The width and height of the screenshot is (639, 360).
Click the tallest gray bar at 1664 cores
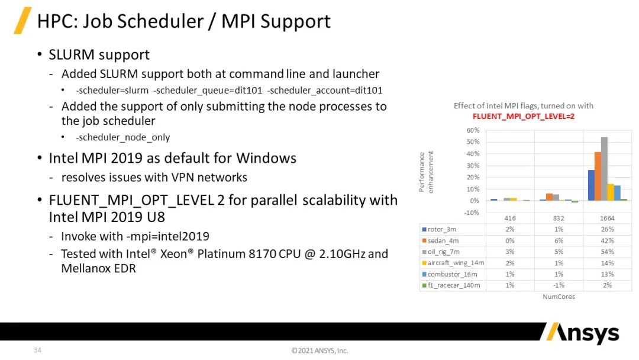pyautogui.click(x=604, y=169)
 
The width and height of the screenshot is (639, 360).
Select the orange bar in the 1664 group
pyautogui.click(x=598, y=176)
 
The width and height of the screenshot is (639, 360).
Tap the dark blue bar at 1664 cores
pyautogui.click(x=591, y=185)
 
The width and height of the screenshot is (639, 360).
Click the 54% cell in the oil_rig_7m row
pyautogui.click(x=607, y=252)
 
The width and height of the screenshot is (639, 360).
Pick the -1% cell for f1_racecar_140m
pyautogui.click(x=559, y=285)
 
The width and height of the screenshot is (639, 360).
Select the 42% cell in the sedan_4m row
pyautogui.click(x=607, y=241)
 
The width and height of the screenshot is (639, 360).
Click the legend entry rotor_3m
pyautogui.click(x=439, y=230)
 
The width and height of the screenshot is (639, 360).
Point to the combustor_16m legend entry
pyautogui.click(x=450, y=274)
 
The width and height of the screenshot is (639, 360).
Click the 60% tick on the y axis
pyautogui.click(x=473, y=130)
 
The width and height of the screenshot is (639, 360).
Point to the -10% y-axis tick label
pyautogui.click(x=472, y=213)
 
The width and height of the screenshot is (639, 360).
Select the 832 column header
pyautogui.click(x=559, y=218)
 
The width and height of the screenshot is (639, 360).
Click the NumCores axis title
pyautogui.click(x=559, y=297)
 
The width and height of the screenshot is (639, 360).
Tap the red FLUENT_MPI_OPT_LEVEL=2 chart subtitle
pyautogui.click(x=524, y=117)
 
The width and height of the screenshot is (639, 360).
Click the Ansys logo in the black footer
pyautogui.click(x=583, y=333)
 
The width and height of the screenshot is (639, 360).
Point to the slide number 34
pyautogui.click(x=37, y=350)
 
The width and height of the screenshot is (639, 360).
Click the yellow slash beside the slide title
pyautogui.click(x=23, y=20)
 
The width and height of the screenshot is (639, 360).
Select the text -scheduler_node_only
pyautogui.click(x=122, y=137)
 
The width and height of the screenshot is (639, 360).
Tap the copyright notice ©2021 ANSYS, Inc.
pyautogui.click(x=320, y=351)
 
